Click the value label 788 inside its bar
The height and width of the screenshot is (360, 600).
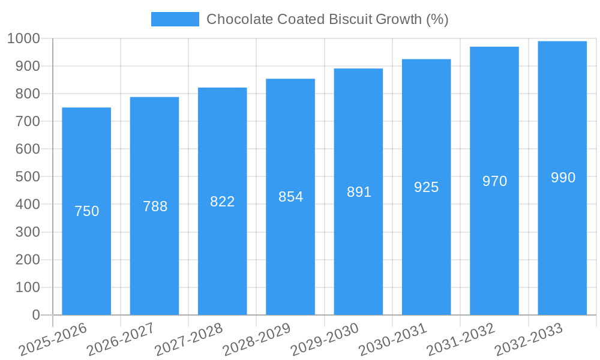155,206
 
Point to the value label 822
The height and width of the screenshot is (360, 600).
223,202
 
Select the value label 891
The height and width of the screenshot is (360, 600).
359,192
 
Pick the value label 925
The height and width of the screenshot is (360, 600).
427,187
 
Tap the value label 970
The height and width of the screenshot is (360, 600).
494,181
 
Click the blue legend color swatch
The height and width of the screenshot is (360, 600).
175,19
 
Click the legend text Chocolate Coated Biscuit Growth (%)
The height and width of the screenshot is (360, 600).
327,19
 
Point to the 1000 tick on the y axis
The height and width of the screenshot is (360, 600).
23,38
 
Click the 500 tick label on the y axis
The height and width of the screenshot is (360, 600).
28,177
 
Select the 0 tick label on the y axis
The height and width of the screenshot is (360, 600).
35,315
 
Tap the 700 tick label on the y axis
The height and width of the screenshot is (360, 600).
28,121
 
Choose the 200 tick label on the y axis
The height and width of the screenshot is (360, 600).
28,260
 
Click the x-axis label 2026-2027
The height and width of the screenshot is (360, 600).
121,339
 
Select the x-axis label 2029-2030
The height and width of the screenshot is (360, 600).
325,339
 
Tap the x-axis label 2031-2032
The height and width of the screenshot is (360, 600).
461,339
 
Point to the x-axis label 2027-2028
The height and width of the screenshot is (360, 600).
188,339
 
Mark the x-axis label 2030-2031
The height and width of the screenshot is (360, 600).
393,339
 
